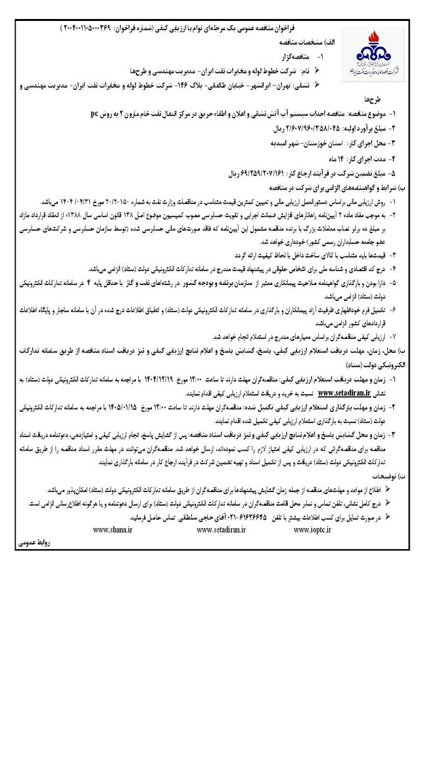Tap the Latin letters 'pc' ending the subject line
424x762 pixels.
(95, 114)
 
